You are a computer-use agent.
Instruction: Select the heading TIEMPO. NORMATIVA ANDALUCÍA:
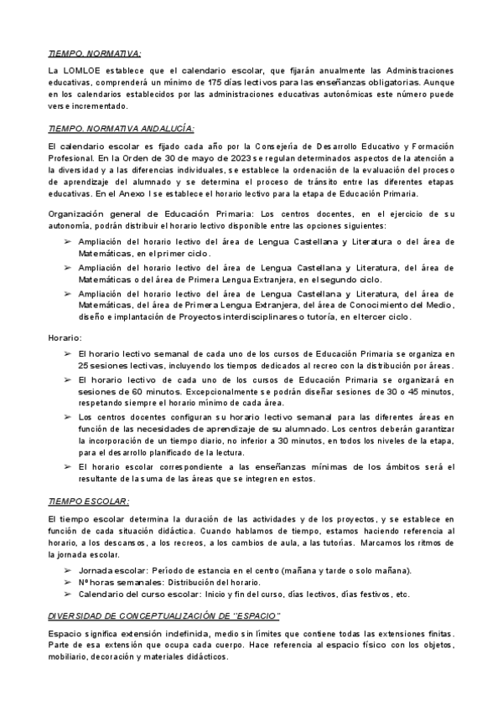click(x=122, y=127)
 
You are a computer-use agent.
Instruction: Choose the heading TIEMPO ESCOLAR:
click(x=89, y=501)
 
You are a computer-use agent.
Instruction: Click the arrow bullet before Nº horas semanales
click(x=68, y=583)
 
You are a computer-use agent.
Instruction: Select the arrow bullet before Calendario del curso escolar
click(x=68, y=594)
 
